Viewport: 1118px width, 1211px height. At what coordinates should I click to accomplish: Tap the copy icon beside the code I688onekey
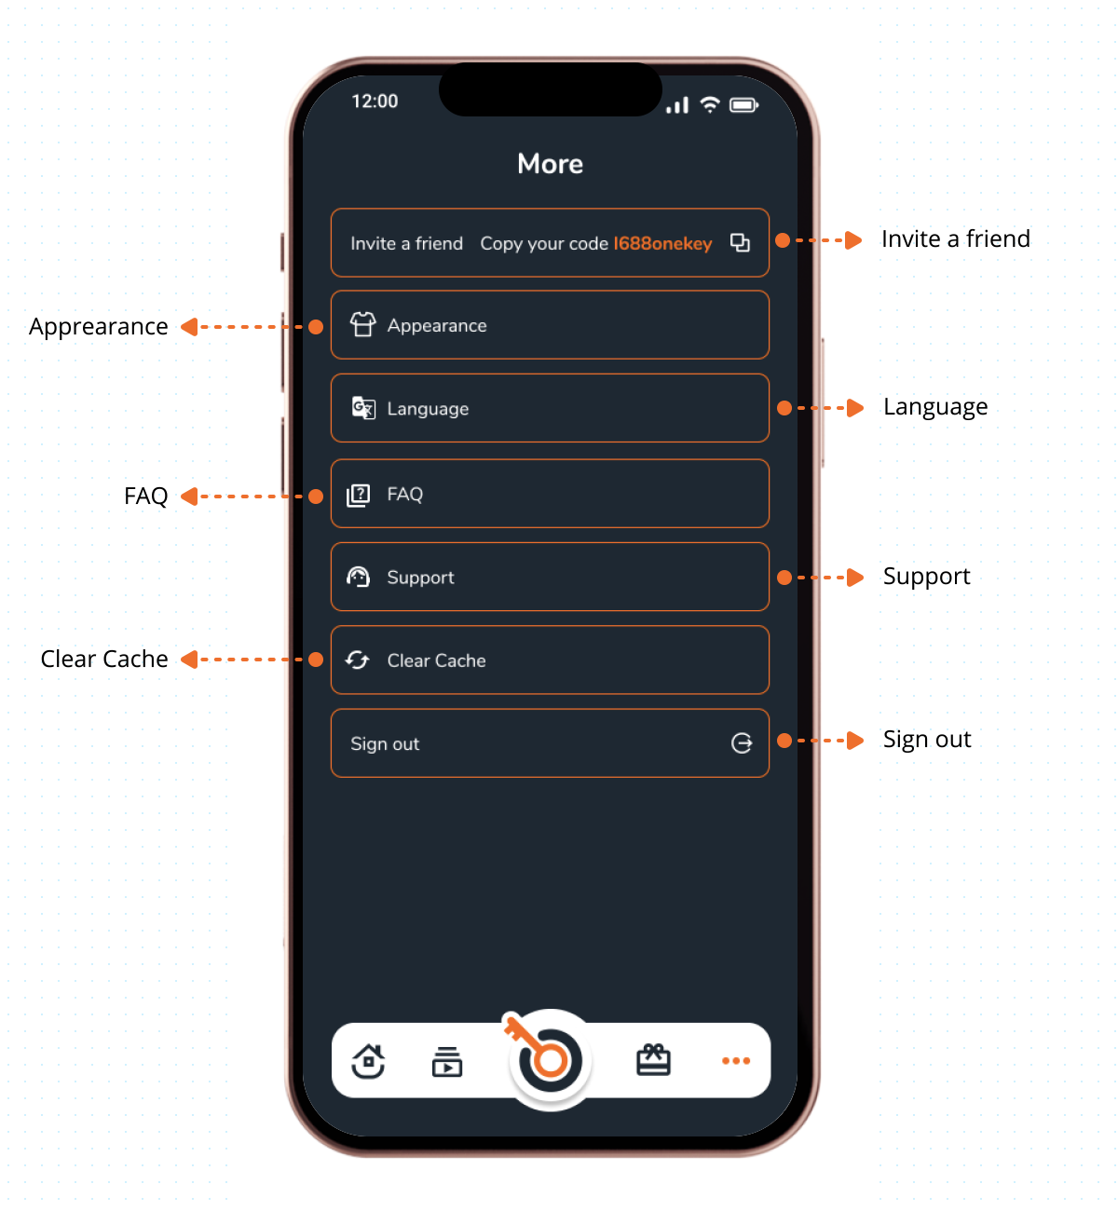pos(740,243)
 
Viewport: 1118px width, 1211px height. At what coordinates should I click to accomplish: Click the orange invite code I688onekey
pos(662,244)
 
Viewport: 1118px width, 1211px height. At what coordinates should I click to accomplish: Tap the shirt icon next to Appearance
pos(363,324)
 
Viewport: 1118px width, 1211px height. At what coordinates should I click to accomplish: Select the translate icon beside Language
pos(363,407)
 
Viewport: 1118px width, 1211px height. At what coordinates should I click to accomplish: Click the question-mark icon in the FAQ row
pos(358,496)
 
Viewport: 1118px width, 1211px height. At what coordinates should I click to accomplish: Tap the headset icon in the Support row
pos(358,577)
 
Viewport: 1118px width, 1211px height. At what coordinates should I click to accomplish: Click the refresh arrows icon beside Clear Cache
pos(358,660)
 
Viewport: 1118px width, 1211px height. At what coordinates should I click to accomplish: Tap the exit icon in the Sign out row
pos(742,743)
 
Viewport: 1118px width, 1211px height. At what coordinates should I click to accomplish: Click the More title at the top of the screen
pos(551,164)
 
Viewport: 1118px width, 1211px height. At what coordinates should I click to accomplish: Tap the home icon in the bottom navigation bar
pos(368,1061)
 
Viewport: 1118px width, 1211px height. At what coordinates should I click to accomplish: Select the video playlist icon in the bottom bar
pos(447,1062)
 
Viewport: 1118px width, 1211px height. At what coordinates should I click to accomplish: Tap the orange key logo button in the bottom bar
pos(550,1060)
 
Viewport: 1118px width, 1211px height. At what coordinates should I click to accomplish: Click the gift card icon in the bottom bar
pos(653,1060)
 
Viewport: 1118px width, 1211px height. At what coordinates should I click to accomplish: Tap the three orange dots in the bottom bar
pos(736,1061)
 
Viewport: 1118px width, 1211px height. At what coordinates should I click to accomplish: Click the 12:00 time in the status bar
pos(375,102)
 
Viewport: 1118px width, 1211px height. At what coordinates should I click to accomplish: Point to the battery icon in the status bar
pos(744,105)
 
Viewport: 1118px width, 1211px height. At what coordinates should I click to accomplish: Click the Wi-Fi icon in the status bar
pos(710,105)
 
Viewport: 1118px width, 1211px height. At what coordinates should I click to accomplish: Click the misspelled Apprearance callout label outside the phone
pos(98,328)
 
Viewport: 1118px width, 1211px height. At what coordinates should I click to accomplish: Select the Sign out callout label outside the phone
pos(926,740)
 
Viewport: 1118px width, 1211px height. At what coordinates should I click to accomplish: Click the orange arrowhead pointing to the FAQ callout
pos(190,497)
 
